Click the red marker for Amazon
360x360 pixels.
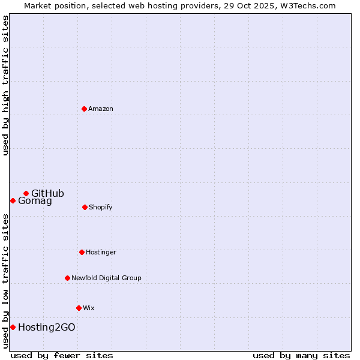point(84,109)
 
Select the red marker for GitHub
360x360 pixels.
point(26,193)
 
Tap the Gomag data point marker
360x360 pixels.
point(13,200)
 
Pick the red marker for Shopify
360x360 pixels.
point(85,207)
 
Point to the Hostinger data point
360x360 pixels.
point(82,252)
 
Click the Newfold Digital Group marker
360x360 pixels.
point(67,278)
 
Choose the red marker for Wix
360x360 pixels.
point(79,308)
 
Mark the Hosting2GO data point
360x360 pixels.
point(13,327)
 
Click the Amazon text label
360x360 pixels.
point(101,109)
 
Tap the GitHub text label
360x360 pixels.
point(47,193)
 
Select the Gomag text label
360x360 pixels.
point(35,201)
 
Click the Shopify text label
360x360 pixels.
point(101,207)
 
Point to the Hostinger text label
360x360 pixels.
point(101,252)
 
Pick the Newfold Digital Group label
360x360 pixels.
point(106,278)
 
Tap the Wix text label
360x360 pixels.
point(89,308)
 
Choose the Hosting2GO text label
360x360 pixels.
point(47,327)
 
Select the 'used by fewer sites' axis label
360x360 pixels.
point(62,355)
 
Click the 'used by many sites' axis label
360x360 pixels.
point(301,355)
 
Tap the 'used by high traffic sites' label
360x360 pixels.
point(5,85)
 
